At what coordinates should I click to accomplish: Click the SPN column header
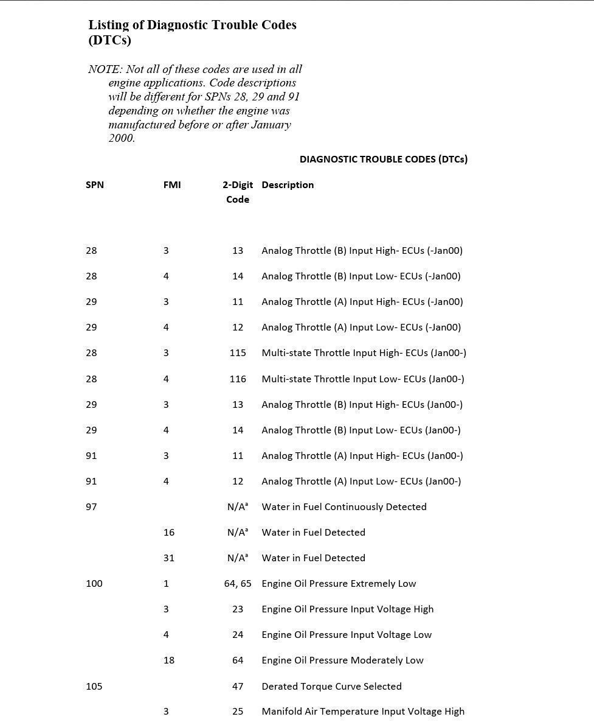coord(95,185)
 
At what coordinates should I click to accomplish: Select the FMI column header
coord(172,185)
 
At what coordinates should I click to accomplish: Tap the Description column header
coord(288,185)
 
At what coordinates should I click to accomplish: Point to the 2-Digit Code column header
coord(238,192)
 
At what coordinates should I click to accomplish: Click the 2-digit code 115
coord(238,353)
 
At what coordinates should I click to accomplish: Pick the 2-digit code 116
coord(238,379)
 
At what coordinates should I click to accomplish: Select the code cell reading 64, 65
coord(238,584)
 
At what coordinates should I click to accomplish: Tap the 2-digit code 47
coord(238,687)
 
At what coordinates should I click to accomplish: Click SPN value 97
coord(91,507)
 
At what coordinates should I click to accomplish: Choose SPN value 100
coord(94,584)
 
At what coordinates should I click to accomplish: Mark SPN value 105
coord(94,687)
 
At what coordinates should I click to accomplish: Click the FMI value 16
coord(169,533)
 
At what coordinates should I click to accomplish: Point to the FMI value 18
coord(169,660)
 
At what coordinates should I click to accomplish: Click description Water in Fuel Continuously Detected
coord(344,507)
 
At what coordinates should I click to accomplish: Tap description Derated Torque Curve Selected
coord(331,687)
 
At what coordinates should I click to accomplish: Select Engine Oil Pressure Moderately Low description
coord(342,660)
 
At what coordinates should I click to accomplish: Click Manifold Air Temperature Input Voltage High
coord(363,712)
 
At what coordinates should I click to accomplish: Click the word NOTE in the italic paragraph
coord(105,69)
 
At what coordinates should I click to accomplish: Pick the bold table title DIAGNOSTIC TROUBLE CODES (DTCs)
coord(384,159)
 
